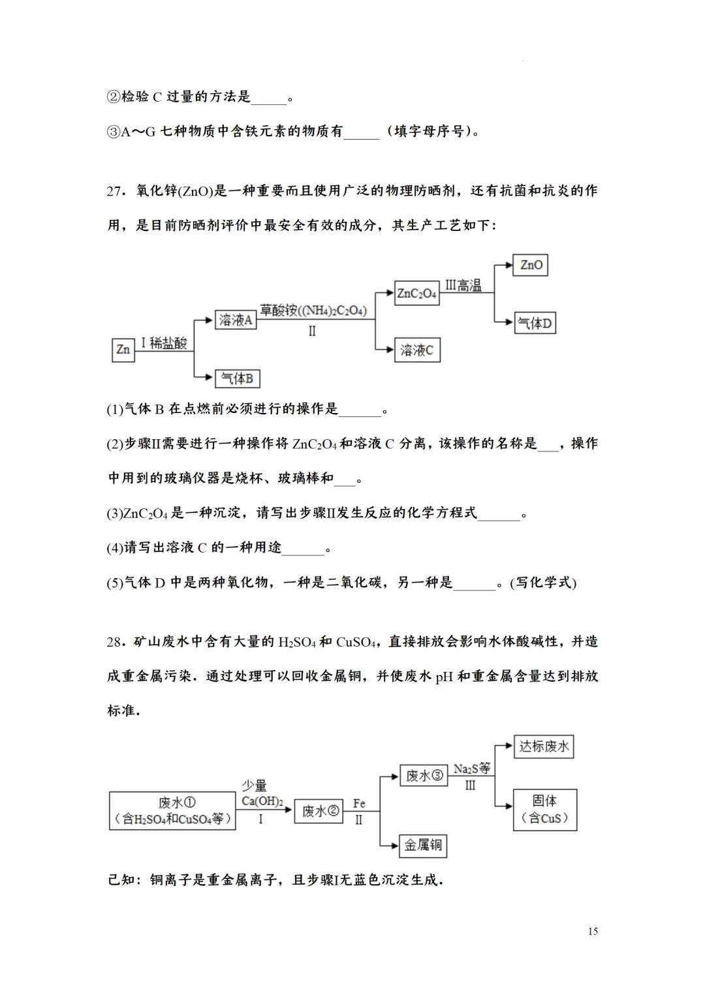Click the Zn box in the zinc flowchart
tap(123, 350)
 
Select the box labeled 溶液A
tap(235, 320)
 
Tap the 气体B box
tap(238, 378)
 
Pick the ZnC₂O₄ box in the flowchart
tap(417, 294)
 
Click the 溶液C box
tap(417, 350)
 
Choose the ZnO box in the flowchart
tap(531, 265)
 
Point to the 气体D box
tap(535, 323)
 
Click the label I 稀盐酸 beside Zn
tap(164, 343)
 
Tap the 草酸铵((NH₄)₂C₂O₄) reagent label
tap(313, 311)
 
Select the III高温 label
tap(463, 285)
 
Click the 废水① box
tap(172, 810)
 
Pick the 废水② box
tap(319, 811)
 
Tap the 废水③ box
tap(424, 775)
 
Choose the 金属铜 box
tap(423, 846)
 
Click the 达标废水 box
tap(544, 746)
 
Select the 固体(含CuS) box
tap(545, 810)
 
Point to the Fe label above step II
tap(359, 803)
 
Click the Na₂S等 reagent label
tap(471, 769)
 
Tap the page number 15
tap(593, 931)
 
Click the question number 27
tap(115, 191)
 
